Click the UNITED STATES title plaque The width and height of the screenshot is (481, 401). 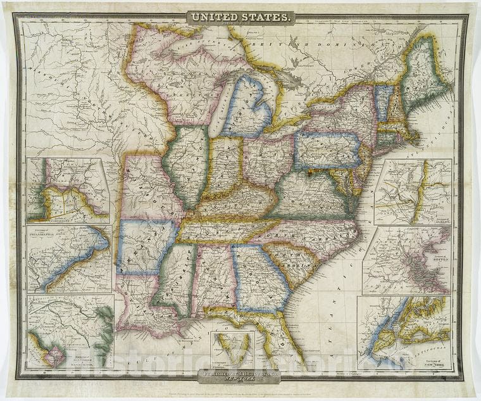[240, 18]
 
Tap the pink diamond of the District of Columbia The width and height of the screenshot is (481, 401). [54, 357]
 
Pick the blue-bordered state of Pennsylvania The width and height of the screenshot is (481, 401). [326, 151]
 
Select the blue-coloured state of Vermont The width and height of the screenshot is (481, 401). [383, 101]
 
